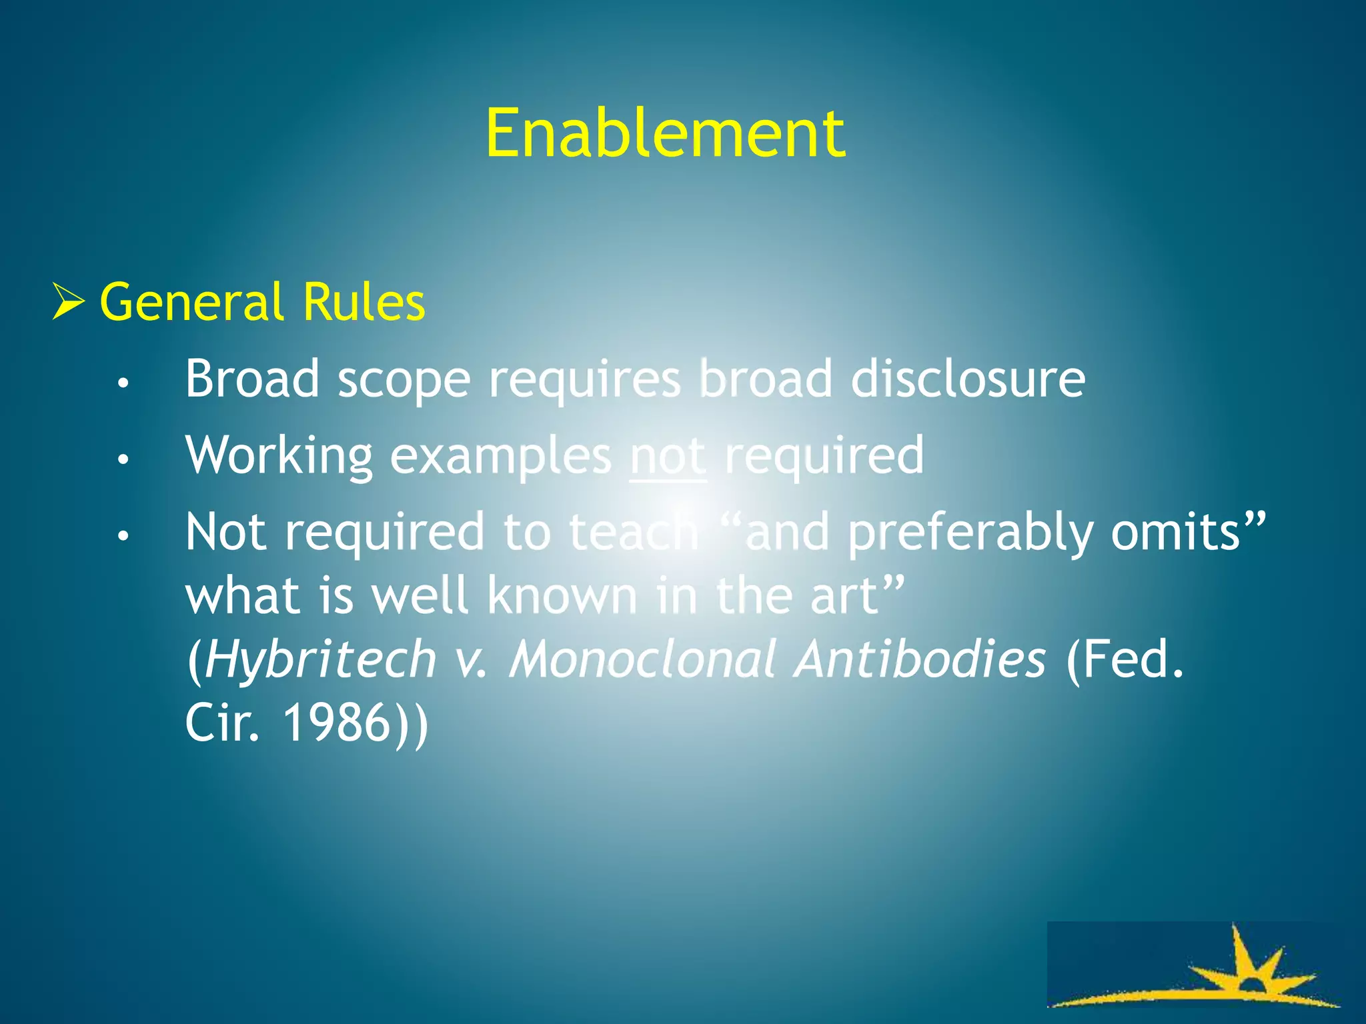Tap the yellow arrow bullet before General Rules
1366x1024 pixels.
(x=69, y=302)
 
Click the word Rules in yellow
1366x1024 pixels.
(x=364, y=302)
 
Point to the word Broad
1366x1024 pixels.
(x=252, y=379)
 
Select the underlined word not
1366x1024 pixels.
(x=668, y=455)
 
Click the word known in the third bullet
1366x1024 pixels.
(x=562, y=595)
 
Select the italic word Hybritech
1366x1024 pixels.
(x=320, y=659)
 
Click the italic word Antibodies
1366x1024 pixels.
(x=920, y=659)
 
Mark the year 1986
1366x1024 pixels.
(x=336, y=723)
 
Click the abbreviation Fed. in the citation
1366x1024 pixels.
(x=1125, y=659)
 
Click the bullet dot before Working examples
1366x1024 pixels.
(x=123, y=459)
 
